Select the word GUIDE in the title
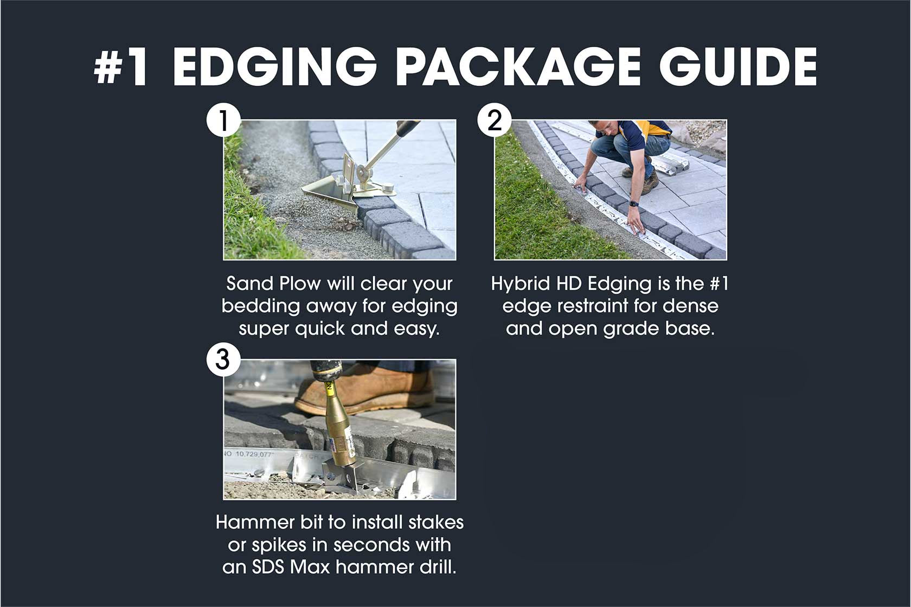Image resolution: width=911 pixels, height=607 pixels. [x=737, y=66]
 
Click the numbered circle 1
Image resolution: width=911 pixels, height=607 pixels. [x=223, y=121]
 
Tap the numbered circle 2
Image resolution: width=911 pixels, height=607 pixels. [x=495, y=121]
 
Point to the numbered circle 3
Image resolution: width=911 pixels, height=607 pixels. [x=223, y=360]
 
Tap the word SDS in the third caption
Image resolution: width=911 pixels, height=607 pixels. [x=268, y=567]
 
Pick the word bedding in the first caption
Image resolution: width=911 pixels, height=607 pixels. [x=261, y=307]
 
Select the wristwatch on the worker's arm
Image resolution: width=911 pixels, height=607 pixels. [x=634, y=203]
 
